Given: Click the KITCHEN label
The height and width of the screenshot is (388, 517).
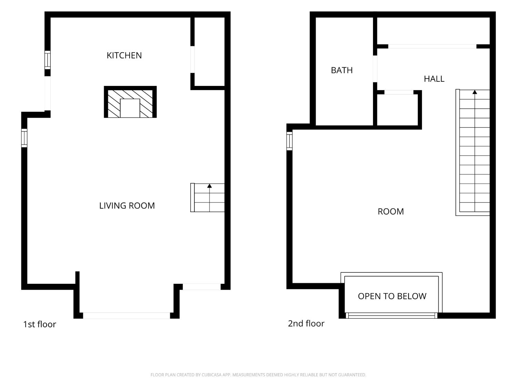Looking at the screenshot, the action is (x=124, y=56).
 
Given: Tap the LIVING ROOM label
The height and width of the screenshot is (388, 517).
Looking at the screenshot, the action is (x=127, y=206).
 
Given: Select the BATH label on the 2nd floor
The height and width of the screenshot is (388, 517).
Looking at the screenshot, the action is (x=342, y=70).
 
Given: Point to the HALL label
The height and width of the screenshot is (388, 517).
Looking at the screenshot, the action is (x=434, y=79).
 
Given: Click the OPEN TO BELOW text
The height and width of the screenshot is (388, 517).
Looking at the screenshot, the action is (x=392, y=296).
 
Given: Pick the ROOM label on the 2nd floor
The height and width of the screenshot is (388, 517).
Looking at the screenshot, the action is (x=391, y=211).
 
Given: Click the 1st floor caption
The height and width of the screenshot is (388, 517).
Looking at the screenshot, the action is (x=40, y=325).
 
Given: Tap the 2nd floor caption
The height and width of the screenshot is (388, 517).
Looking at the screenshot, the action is (x=306, y=324).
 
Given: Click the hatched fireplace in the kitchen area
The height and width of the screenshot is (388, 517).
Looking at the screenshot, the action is (x=130, y=102).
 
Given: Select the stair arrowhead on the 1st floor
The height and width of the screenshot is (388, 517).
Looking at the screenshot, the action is (x=210, y=186).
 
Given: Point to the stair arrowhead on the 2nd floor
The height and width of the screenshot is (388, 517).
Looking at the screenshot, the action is (x=475, y=92).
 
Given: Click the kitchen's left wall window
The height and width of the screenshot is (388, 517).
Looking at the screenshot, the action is (x=48, y=60).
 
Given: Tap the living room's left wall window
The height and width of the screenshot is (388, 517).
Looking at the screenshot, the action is (x=24, y=138).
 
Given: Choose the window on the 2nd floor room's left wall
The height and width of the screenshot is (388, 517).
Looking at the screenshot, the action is (x=290, y=141).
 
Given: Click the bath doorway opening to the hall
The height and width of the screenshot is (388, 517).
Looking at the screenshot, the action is (x=375, y=69).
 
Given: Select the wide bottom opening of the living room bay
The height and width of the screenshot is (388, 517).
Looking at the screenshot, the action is (x=126, y=316).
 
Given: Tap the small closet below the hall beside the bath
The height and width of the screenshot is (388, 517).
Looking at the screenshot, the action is (x=398, y=110).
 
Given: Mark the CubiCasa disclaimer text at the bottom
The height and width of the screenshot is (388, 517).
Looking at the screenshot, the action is (x=258, y=375).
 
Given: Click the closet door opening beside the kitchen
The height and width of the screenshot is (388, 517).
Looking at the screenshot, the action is (x=192, y=59).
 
